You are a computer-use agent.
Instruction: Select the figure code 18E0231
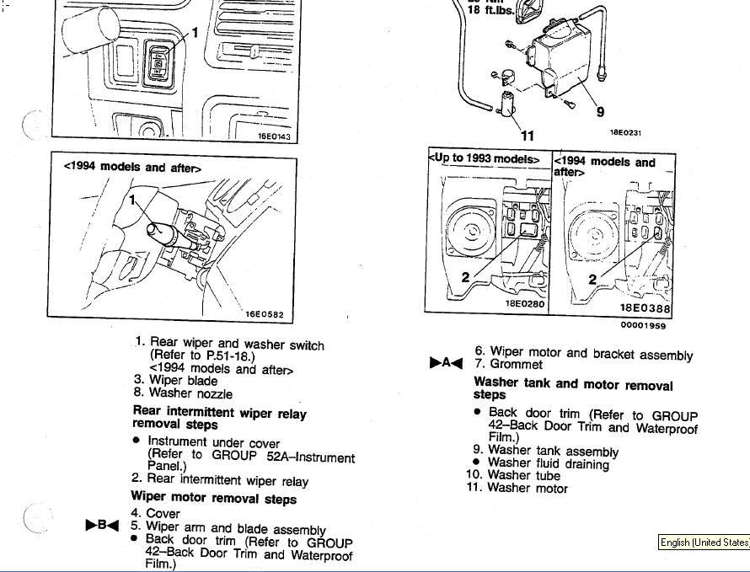pyautogui.click(x=625, y=132)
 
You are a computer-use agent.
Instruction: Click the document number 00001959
pyautogui.click(x=644, y=323)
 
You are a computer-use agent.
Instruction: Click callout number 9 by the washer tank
pyautogui.click(x=600, y=111)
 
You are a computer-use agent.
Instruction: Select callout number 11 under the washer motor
pyautogui.click(x=528, y=135)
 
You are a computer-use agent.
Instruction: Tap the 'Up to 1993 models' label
pyautogui.click(x=488, y=159)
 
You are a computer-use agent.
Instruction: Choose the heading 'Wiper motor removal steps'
pyautogui.click(x=213, y=499)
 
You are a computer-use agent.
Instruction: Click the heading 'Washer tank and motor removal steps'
pyautogui.click(x=573, y=389)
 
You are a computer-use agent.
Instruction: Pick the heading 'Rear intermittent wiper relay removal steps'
pyautogui.click(x=219, y=418)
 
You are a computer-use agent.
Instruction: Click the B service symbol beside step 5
pyautogui.click(x=101, y=525)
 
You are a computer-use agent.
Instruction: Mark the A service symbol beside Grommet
pyautogui.click(x=447, y=363)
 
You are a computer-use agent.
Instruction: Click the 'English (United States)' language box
pyautogui.click(x=704, y=543)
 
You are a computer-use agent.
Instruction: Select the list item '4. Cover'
pyautogui.click(x=156, y=513)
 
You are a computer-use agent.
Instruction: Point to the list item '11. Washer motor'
pyautogui.click(x=517, y=488)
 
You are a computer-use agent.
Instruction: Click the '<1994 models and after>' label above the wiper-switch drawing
pyautogui.click(x=132, y=167)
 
